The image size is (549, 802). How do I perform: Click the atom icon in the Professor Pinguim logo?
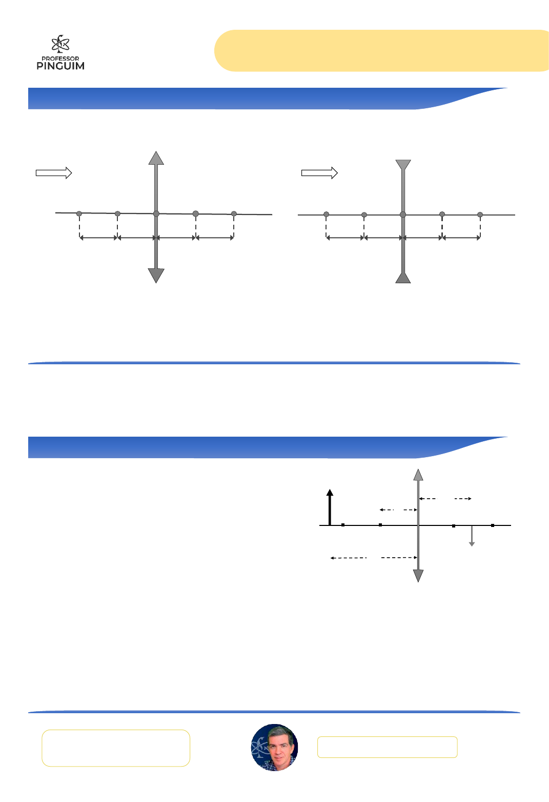(60, 44)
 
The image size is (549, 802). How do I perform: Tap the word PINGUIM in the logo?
(60, 66)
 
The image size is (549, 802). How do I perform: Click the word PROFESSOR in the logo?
(60, 58)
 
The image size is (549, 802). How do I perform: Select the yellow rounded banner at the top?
(381, 50)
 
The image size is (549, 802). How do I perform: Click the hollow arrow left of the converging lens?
(54, 173)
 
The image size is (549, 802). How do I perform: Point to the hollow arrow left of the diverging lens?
(319, 173)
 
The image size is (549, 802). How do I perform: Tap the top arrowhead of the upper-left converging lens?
(156, 158)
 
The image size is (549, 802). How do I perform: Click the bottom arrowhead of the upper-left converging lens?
(156, 276)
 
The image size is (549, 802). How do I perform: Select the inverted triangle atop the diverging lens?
(403, 165)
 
